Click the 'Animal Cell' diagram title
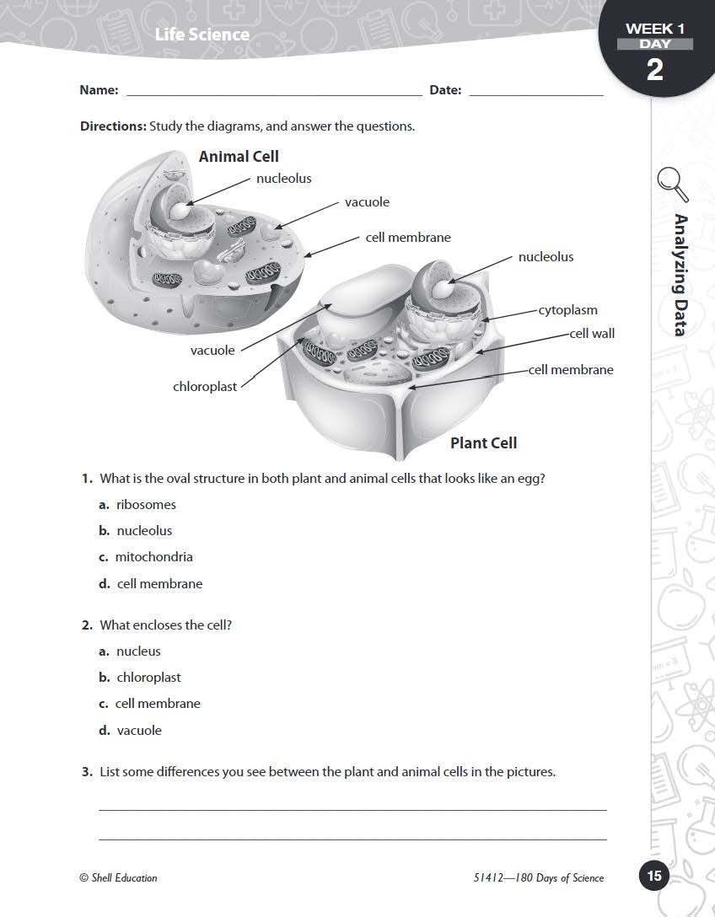point(239,157)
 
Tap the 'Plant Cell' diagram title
point(483,443)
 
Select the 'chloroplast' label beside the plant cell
point(205,387)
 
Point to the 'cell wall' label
point(592,333)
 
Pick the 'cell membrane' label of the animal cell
point(408,238)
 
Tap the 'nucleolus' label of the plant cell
point(546,257)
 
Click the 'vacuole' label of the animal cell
point(367,202)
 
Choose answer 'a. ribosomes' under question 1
point(137,505)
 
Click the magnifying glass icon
point(672,185)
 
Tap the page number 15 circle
point(654,877)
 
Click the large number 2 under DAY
point(655,69)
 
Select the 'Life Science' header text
point(202,35)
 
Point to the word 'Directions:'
point(113,126)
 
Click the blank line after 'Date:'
point(535,91)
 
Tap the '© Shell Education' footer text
point(118,878)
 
